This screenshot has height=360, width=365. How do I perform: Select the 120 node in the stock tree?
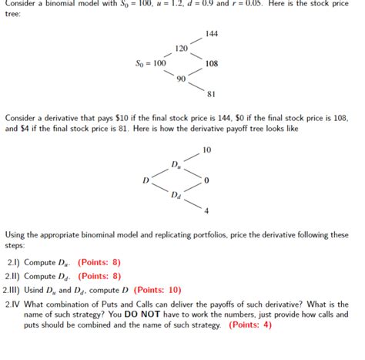182,48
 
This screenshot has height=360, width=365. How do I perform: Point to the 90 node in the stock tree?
181,79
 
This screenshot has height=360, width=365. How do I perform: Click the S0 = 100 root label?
149,63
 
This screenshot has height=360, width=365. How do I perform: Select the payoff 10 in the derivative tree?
206,149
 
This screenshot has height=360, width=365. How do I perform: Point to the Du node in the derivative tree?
176,163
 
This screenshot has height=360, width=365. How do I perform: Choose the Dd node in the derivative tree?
176,194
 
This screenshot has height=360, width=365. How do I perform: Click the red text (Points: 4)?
247,325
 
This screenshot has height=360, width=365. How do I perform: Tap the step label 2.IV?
14,303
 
